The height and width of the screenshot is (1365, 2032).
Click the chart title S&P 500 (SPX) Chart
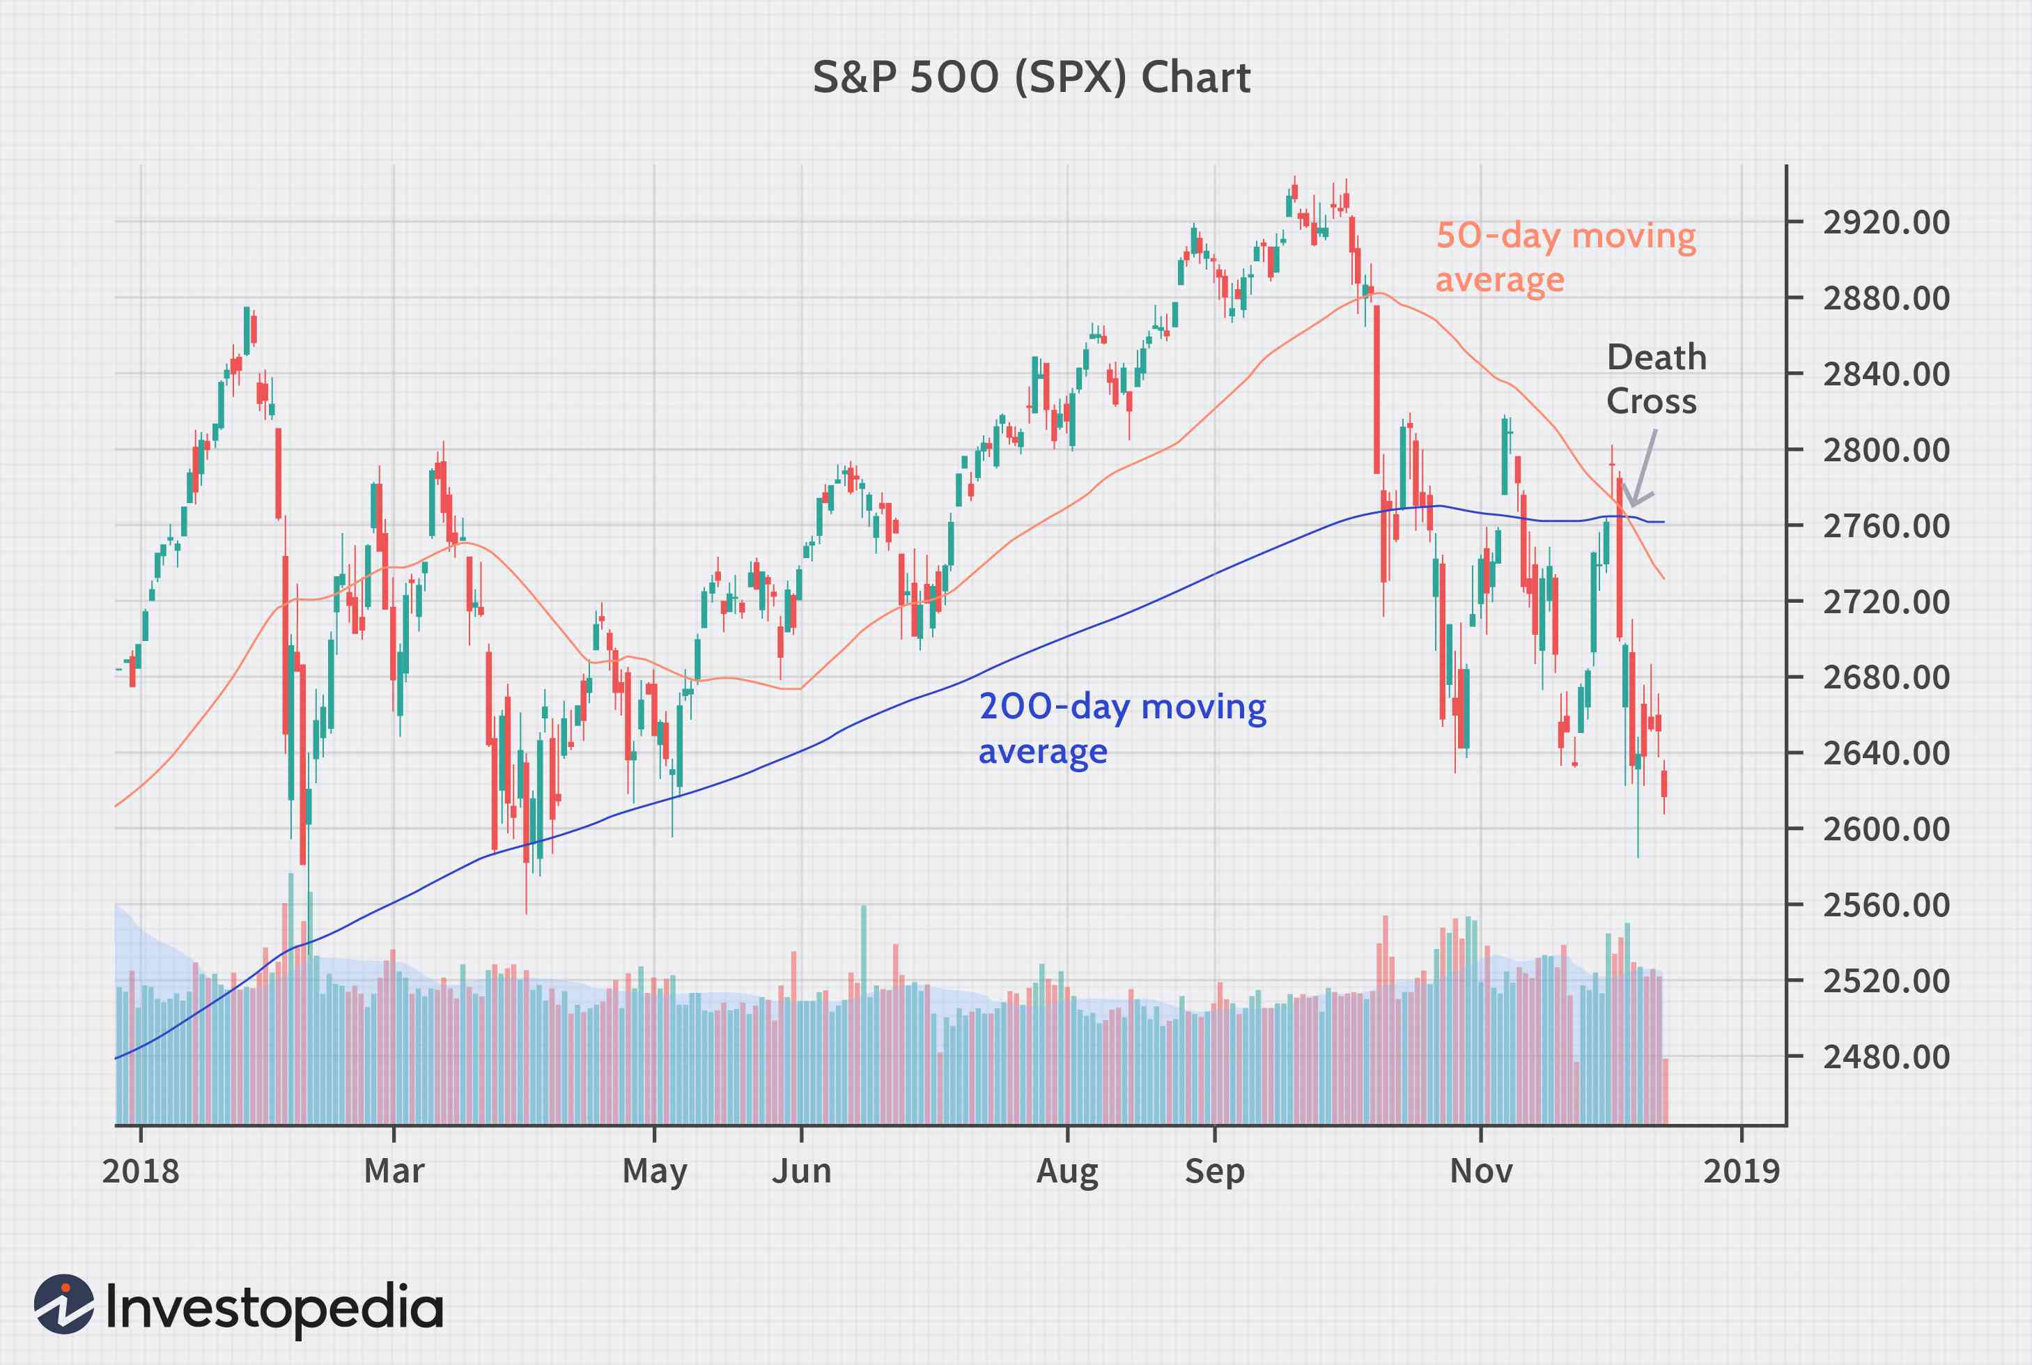[1031, 78]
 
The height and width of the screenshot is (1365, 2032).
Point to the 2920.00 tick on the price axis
[1886, 223]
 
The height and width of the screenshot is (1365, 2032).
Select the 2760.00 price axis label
[1886, 527]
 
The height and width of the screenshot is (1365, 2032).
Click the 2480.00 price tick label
[1886, 1058]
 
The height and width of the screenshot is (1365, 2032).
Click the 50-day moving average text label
[1565, 258]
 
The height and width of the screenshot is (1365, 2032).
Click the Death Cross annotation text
[1654, 380]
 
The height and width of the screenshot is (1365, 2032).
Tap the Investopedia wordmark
[274, 1308]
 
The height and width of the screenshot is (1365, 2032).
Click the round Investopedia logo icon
[64, 1304]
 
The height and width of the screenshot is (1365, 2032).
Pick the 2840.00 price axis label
[1886, 375]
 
